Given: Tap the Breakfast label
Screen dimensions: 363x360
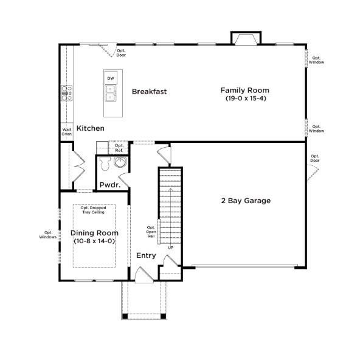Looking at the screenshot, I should pos(149,92).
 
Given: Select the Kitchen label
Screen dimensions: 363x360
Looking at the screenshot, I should pos(90,128).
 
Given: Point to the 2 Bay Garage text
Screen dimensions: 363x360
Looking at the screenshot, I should pos(245,201).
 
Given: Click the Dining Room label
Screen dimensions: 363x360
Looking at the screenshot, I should pos(94,233).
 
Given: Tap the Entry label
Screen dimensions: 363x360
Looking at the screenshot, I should pos(145,255).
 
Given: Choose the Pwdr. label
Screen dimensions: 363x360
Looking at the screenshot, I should pos(110,184).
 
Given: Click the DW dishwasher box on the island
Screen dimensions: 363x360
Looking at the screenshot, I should pos(111,78).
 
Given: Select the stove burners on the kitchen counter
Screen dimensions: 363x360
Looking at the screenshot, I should pos(66,93).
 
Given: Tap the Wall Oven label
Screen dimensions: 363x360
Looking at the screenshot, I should pos(66,131).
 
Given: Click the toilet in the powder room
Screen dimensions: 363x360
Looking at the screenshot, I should pos(104,163).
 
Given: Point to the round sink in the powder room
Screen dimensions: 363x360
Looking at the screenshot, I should pos(120,162).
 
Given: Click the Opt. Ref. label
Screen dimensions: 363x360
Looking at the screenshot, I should pos(119,148).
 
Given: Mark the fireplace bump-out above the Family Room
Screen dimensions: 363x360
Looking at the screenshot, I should pos(245,38).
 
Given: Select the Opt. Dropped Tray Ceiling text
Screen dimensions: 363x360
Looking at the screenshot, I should pos(94,210).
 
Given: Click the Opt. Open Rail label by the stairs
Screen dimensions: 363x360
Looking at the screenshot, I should pos(151,232).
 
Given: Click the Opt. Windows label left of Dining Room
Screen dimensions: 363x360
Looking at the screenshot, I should pos(47,234).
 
